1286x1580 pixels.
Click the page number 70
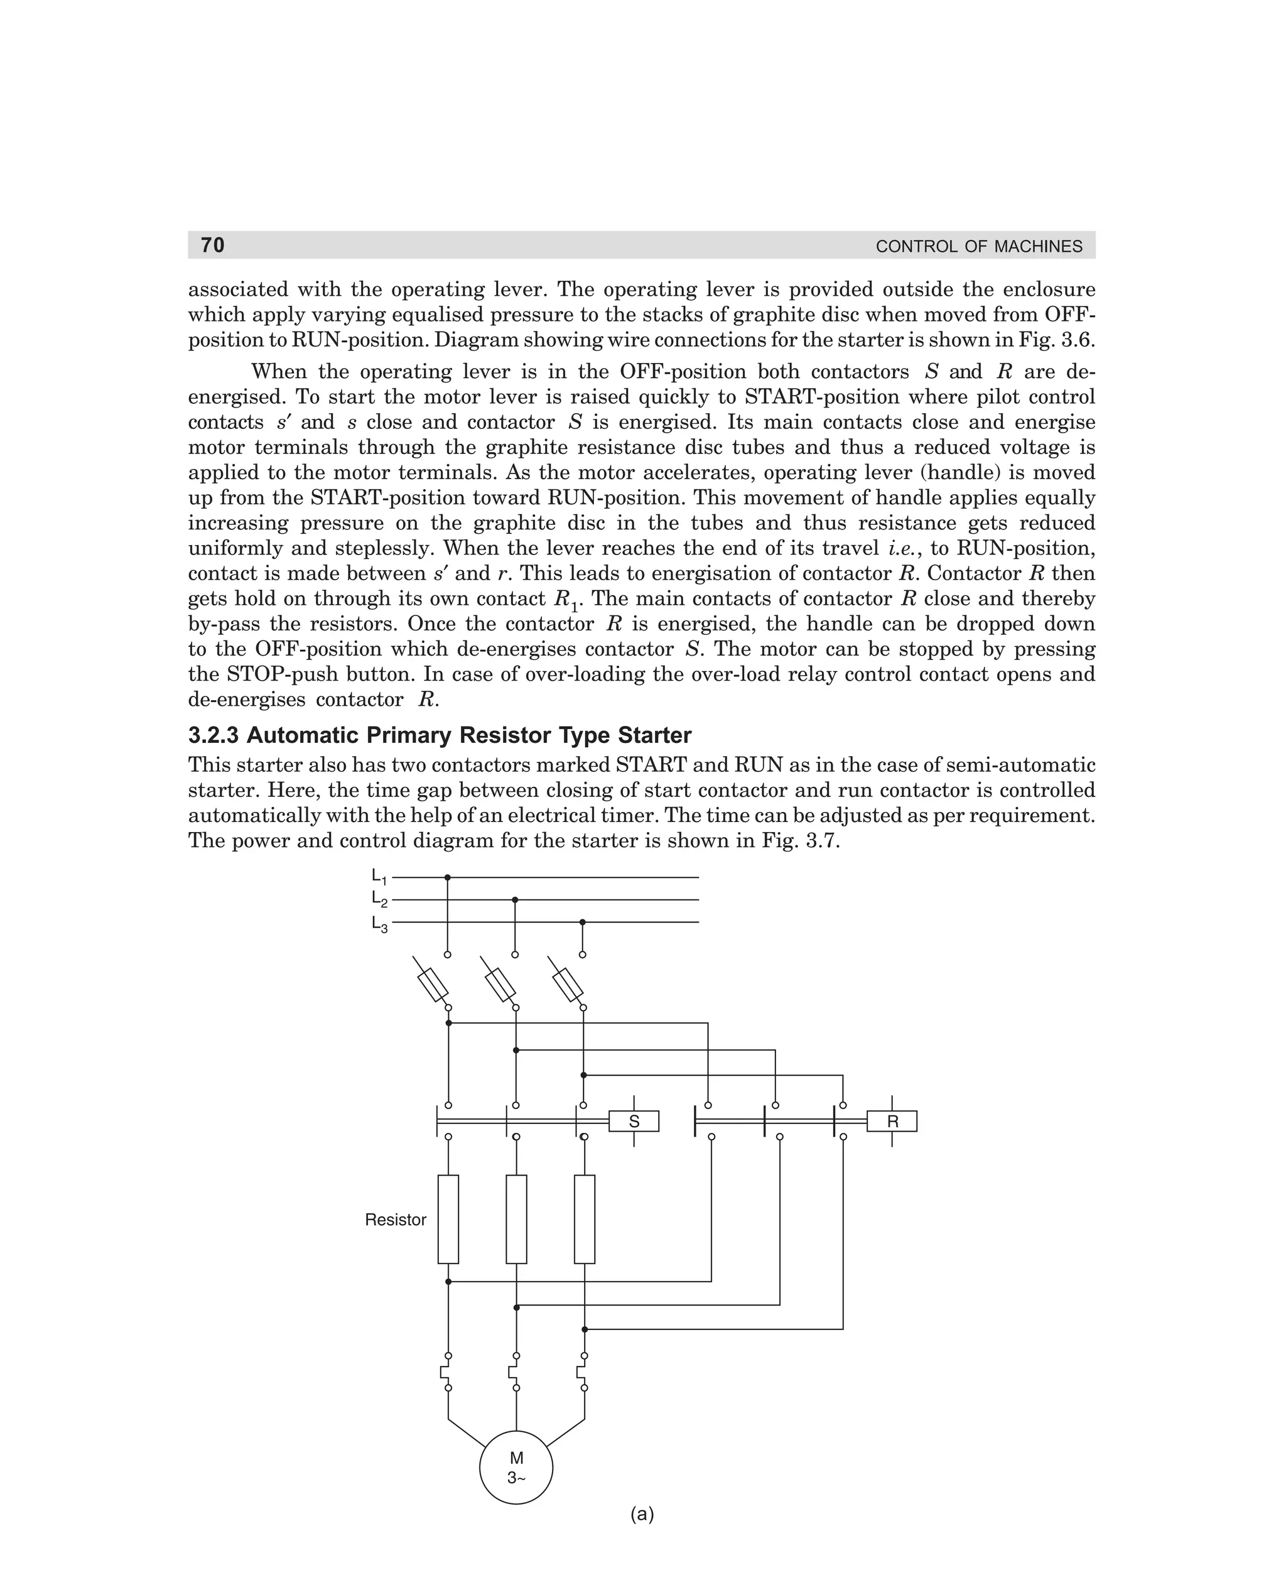(213, 245)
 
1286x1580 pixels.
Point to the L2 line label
(379, 900)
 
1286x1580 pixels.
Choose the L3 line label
(379, 924)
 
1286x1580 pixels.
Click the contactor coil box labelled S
(634, 1122)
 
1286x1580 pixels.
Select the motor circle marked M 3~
(516, 1468)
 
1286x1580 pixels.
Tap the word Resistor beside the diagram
(396, 1220)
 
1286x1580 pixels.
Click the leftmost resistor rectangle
(448, 1220)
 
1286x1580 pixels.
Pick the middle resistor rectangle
(516, 1220)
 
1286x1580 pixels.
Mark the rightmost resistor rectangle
(585, 1220)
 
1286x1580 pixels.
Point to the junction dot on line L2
(515, 900)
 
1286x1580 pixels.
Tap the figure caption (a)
(642, 1514)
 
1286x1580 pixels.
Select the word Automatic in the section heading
(303, 735)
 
